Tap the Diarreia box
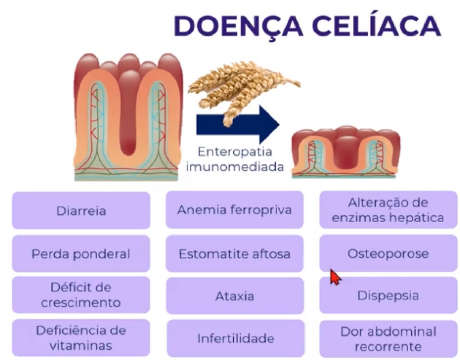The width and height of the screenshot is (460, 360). (x=81, y=211)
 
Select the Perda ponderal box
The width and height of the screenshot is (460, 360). (x=81, y=254)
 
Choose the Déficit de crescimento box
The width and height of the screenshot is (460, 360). (x=81, y=295)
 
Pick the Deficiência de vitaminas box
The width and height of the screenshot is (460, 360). (x=81, y=338)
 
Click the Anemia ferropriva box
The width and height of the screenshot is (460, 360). (x=234, y=210)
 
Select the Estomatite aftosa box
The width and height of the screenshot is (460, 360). (x=234, y=254)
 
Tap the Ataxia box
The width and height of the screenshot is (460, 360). (x=234, y=296)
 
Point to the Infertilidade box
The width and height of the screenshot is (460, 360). (x=236, y=338)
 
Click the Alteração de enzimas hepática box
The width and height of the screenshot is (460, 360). (x=388, y=210)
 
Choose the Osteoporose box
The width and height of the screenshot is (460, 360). (x=388, y=254)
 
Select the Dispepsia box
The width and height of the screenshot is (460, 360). (x=388, y=296)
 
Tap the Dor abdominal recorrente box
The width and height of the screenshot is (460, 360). (x=388, y=339)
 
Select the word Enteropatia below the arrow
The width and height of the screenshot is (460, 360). (x=235, y=152)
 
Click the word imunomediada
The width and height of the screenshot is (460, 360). (x=235, y=167)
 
